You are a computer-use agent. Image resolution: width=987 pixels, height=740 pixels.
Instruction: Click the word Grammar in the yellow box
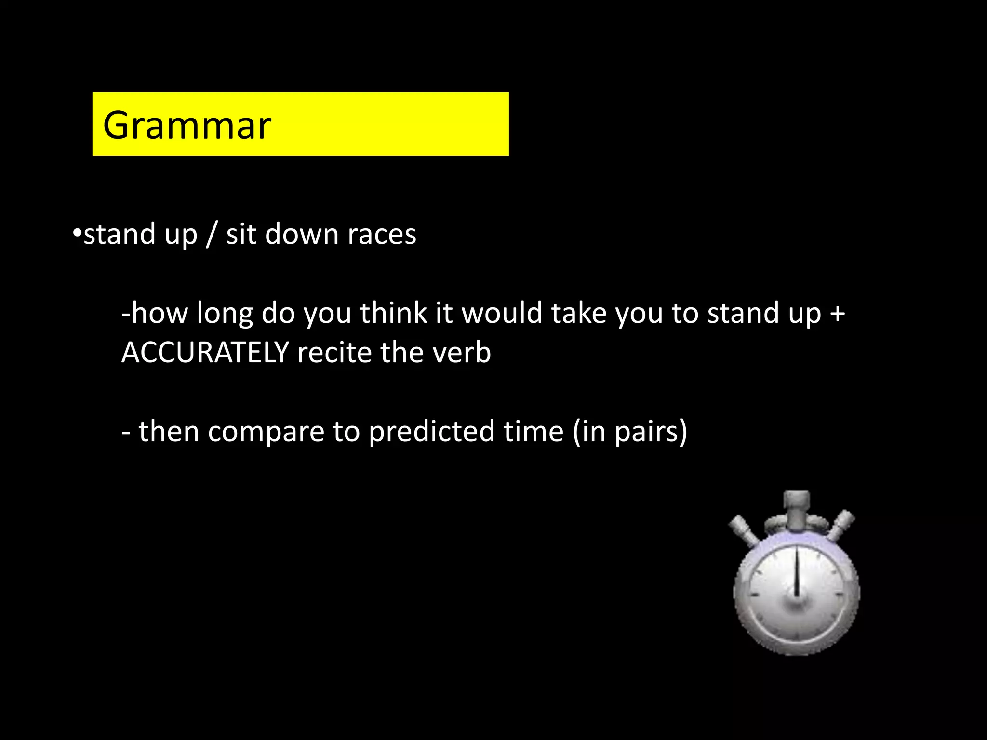click(187, 125)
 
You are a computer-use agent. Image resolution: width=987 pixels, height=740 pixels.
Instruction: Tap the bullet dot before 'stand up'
click(77, 233)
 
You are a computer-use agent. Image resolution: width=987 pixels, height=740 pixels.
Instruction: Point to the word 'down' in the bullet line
click(302, 234)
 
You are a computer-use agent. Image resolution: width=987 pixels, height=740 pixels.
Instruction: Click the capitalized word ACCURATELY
click(205, 352)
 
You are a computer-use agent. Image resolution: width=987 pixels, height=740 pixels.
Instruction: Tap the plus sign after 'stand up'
click(838, 313)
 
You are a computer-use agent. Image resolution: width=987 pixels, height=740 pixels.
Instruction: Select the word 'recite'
click(334, 352)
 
